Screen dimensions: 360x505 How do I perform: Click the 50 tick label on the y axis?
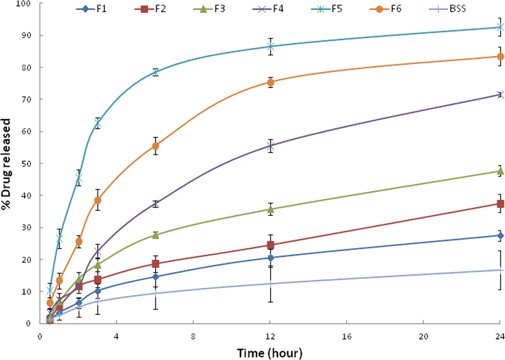[x=26, y=163]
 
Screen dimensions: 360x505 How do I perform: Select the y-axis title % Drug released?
[x=7, y=163]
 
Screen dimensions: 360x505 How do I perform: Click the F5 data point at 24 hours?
[x=500, y=27]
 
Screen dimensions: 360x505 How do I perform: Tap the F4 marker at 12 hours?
[x=271, y=146]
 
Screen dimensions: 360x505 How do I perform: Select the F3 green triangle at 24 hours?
[x=500, y=171]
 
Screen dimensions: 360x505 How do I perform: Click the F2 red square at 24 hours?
[x=500, y=204]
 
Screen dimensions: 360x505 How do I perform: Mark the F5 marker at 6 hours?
[x=155, y=72]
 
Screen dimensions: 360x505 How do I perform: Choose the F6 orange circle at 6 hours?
[x=155, y=146]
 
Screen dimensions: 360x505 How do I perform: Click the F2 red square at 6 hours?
[x=155, y=264]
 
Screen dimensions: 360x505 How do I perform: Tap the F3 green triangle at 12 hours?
[x=271, y=209]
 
